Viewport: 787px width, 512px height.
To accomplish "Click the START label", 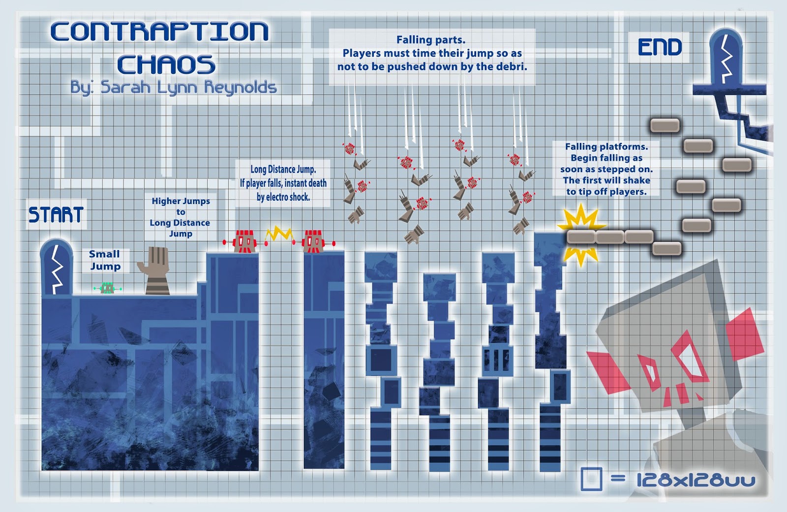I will [x=56, y=214].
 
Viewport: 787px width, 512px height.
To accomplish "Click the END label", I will [x=660, y=47].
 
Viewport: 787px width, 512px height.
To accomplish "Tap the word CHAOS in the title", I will [x=166, y=64].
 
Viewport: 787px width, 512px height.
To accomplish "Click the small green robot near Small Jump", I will [x=107, y=288].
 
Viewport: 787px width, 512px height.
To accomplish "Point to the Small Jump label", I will [x=105, y=260].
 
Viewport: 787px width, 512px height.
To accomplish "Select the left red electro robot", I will [x=244, y=241].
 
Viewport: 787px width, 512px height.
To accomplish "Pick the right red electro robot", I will [x=313, y=241].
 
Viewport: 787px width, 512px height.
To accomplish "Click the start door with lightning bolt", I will [x=57, y=268].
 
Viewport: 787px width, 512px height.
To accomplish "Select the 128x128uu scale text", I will [x=696, y=480].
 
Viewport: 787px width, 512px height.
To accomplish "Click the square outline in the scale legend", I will [x=591, y=479].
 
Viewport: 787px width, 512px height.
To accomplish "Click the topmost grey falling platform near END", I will [x=665, y=125].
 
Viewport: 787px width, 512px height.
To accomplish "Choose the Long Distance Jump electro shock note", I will [x=283, y=183].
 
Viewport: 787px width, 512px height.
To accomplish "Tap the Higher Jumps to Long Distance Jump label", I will [x=181, y=217].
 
